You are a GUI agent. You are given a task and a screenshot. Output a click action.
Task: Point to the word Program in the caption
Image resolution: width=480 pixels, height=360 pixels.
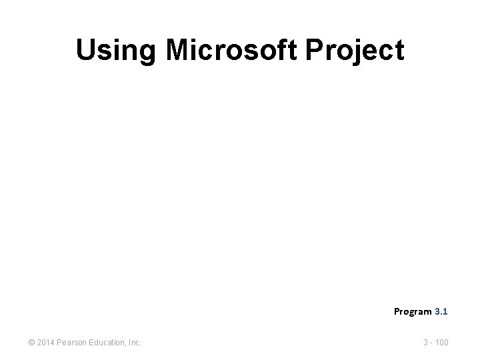pyautogui.click(x=413, y=311)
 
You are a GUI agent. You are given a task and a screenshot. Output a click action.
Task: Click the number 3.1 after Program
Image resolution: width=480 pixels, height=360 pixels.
pyautogui.click(x=441, y=311)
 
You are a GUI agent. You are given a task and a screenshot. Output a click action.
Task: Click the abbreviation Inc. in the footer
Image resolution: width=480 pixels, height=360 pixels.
pyautogui.click(x=133, y=343)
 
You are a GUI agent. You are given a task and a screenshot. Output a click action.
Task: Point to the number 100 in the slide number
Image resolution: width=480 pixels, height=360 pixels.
pyautogui.click(x=441, y=343)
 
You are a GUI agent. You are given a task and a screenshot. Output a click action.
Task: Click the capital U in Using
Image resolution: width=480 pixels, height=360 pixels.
pyautogui.click(x=85, y=51)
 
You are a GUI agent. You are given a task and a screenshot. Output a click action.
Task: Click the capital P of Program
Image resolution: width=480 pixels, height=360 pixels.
pyautogui.click(x=397, y=311)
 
